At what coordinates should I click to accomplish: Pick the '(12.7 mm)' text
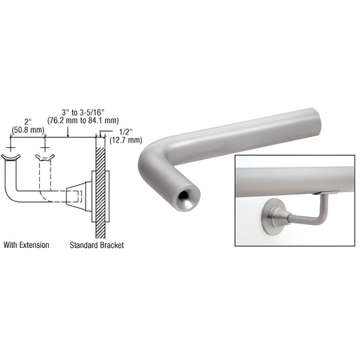coord(126,140)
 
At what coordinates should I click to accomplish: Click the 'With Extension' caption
coord(26,245)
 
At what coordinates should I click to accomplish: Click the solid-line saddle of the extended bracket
coord(11,159)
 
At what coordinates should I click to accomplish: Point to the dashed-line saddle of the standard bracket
coord(45,159)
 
